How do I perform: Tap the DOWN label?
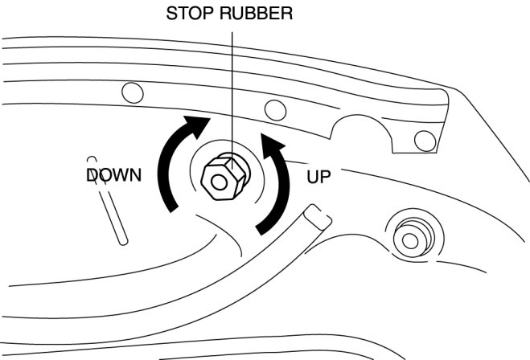click(x=113, y=174)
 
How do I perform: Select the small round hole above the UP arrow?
click(x=274, y=108)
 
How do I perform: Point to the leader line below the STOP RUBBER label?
click(x=232, y=80)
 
